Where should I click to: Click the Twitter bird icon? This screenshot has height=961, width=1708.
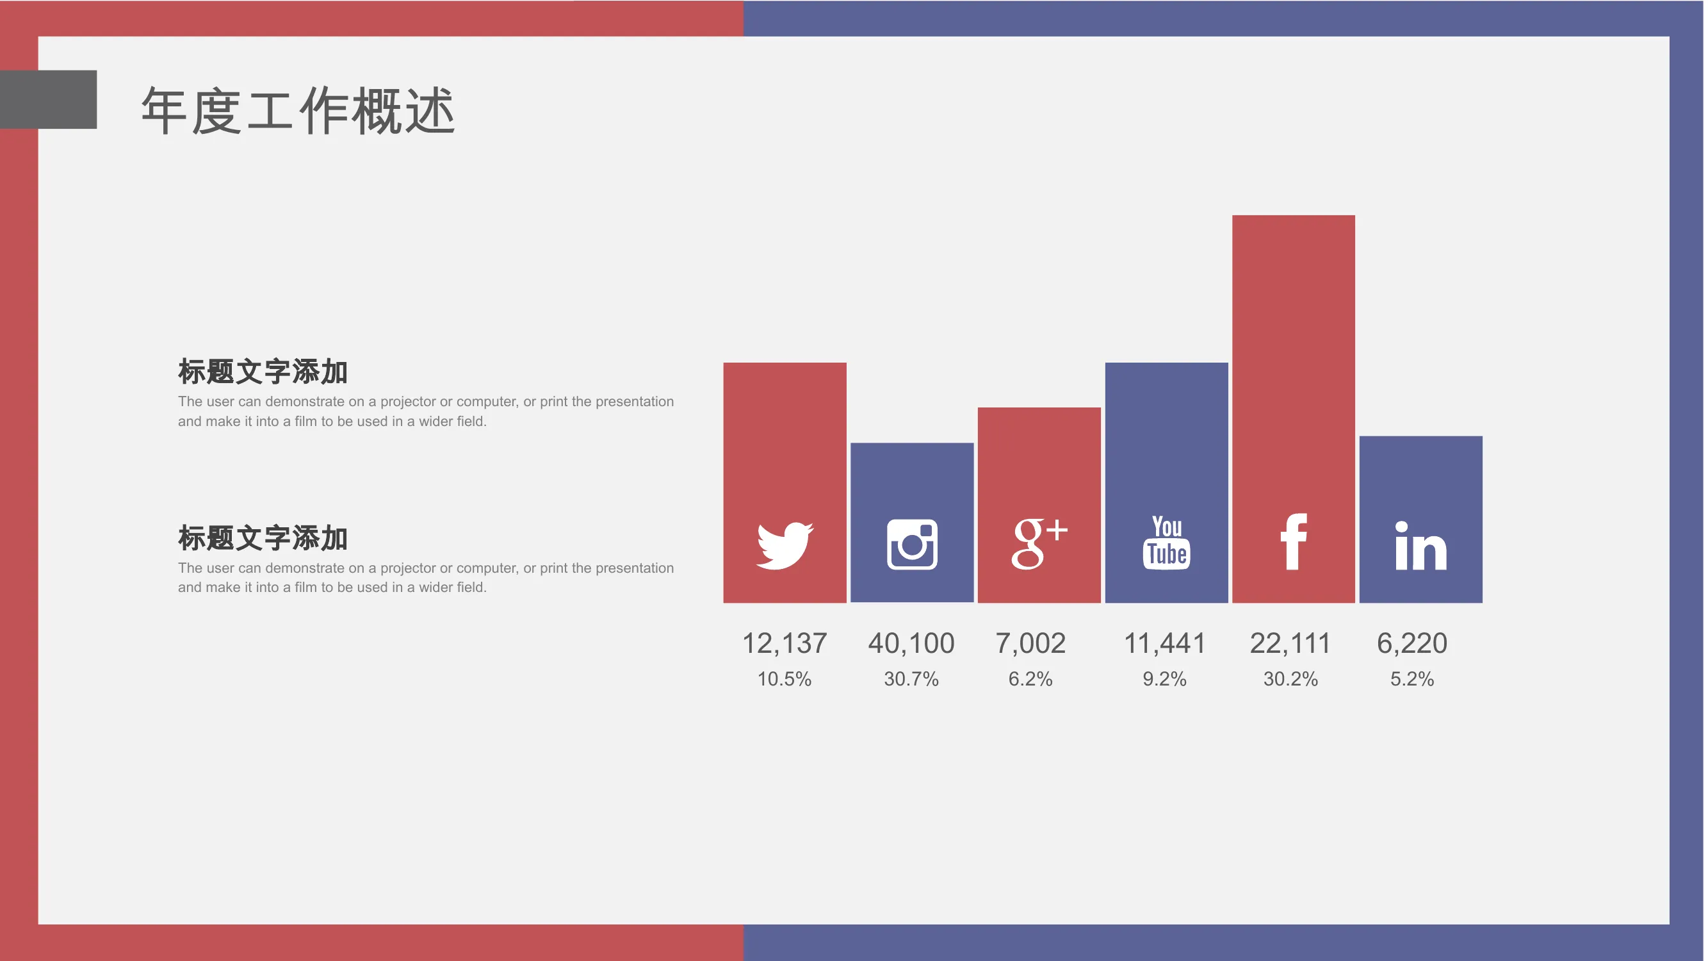tap(785, 545)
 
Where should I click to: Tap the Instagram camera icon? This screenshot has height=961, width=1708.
tap(912, 545)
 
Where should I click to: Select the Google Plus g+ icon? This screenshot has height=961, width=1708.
tap(1039, 544)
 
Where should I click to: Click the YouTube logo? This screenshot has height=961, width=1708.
tap(1166, 543)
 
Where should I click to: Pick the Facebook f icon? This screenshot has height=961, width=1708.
tap(1293, 541)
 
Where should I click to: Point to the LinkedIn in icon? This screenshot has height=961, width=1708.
tap(1420, 546)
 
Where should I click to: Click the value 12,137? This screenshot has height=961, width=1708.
tap(785, 643)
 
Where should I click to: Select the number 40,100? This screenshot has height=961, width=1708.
tap(911, 643)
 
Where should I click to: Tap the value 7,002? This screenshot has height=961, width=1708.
tap(1030, 643)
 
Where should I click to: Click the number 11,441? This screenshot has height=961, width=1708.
tap(1164, 643)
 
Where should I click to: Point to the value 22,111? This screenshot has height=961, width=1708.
tap(1290, 643)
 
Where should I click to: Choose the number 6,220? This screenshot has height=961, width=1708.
tap(1411, 643)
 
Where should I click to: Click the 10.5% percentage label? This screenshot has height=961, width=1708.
tap(785, 679)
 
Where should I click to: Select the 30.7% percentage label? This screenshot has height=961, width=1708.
tap(911, 679)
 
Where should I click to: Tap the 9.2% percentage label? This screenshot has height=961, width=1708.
tap(1164, 679)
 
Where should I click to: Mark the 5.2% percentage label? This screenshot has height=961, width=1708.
tap(1411, 679)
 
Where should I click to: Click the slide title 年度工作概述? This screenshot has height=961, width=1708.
tap(298, 111)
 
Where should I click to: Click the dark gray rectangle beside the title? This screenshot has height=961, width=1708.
tap(49, 99)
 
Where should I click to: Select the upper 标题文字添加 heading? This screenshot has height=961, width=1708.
tap(263, 372)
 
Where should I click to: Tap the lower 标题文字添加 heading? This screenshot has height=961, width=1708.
tap(263, 538)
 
